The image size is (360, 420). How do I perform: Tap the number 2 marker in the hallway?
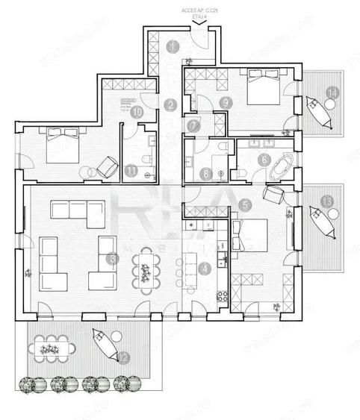[x=171, y=105]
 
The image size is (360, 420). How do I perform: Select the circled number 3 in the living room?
[x=112, y=258]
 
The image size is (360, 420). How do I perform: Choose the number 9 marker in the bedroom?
[x=224, y=101]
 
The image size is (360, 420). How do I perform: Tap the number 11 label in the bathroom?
[x=132, y=170]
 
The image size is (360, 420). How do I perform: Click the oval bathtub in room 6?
[x=281, y=168]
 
